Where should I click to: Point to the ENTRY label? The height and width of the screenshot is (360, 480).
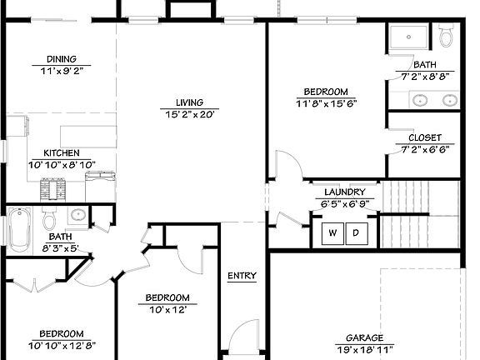click(x=242, y=277)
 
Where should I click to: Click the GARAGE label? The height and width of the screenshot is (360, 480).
click(x=365, y=338)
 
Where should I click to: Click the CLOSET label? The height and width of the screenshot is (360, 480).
click(x=424, y=137)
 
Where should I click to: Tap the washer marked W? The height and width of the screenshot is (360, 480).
click(x=332, y=232)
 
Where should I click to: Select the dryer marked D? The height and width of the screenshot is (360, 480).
click(x=355, y=232)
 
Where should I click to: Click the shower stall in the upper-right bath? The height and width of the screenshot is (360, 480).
click(x=408, y=38)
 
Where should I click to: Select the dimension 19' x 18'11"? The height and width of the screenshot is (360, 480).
click(x=365, y=349)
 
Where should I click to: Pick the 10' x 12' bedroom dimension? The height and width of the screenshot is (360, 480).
click(x=167, y=309)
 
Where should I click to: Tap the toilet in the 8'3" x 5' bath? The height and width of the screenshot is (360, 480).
click(x=49, y=219)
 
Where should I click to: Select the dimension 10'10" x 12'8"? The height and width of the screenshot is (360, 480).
click(x=62, y=344)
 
